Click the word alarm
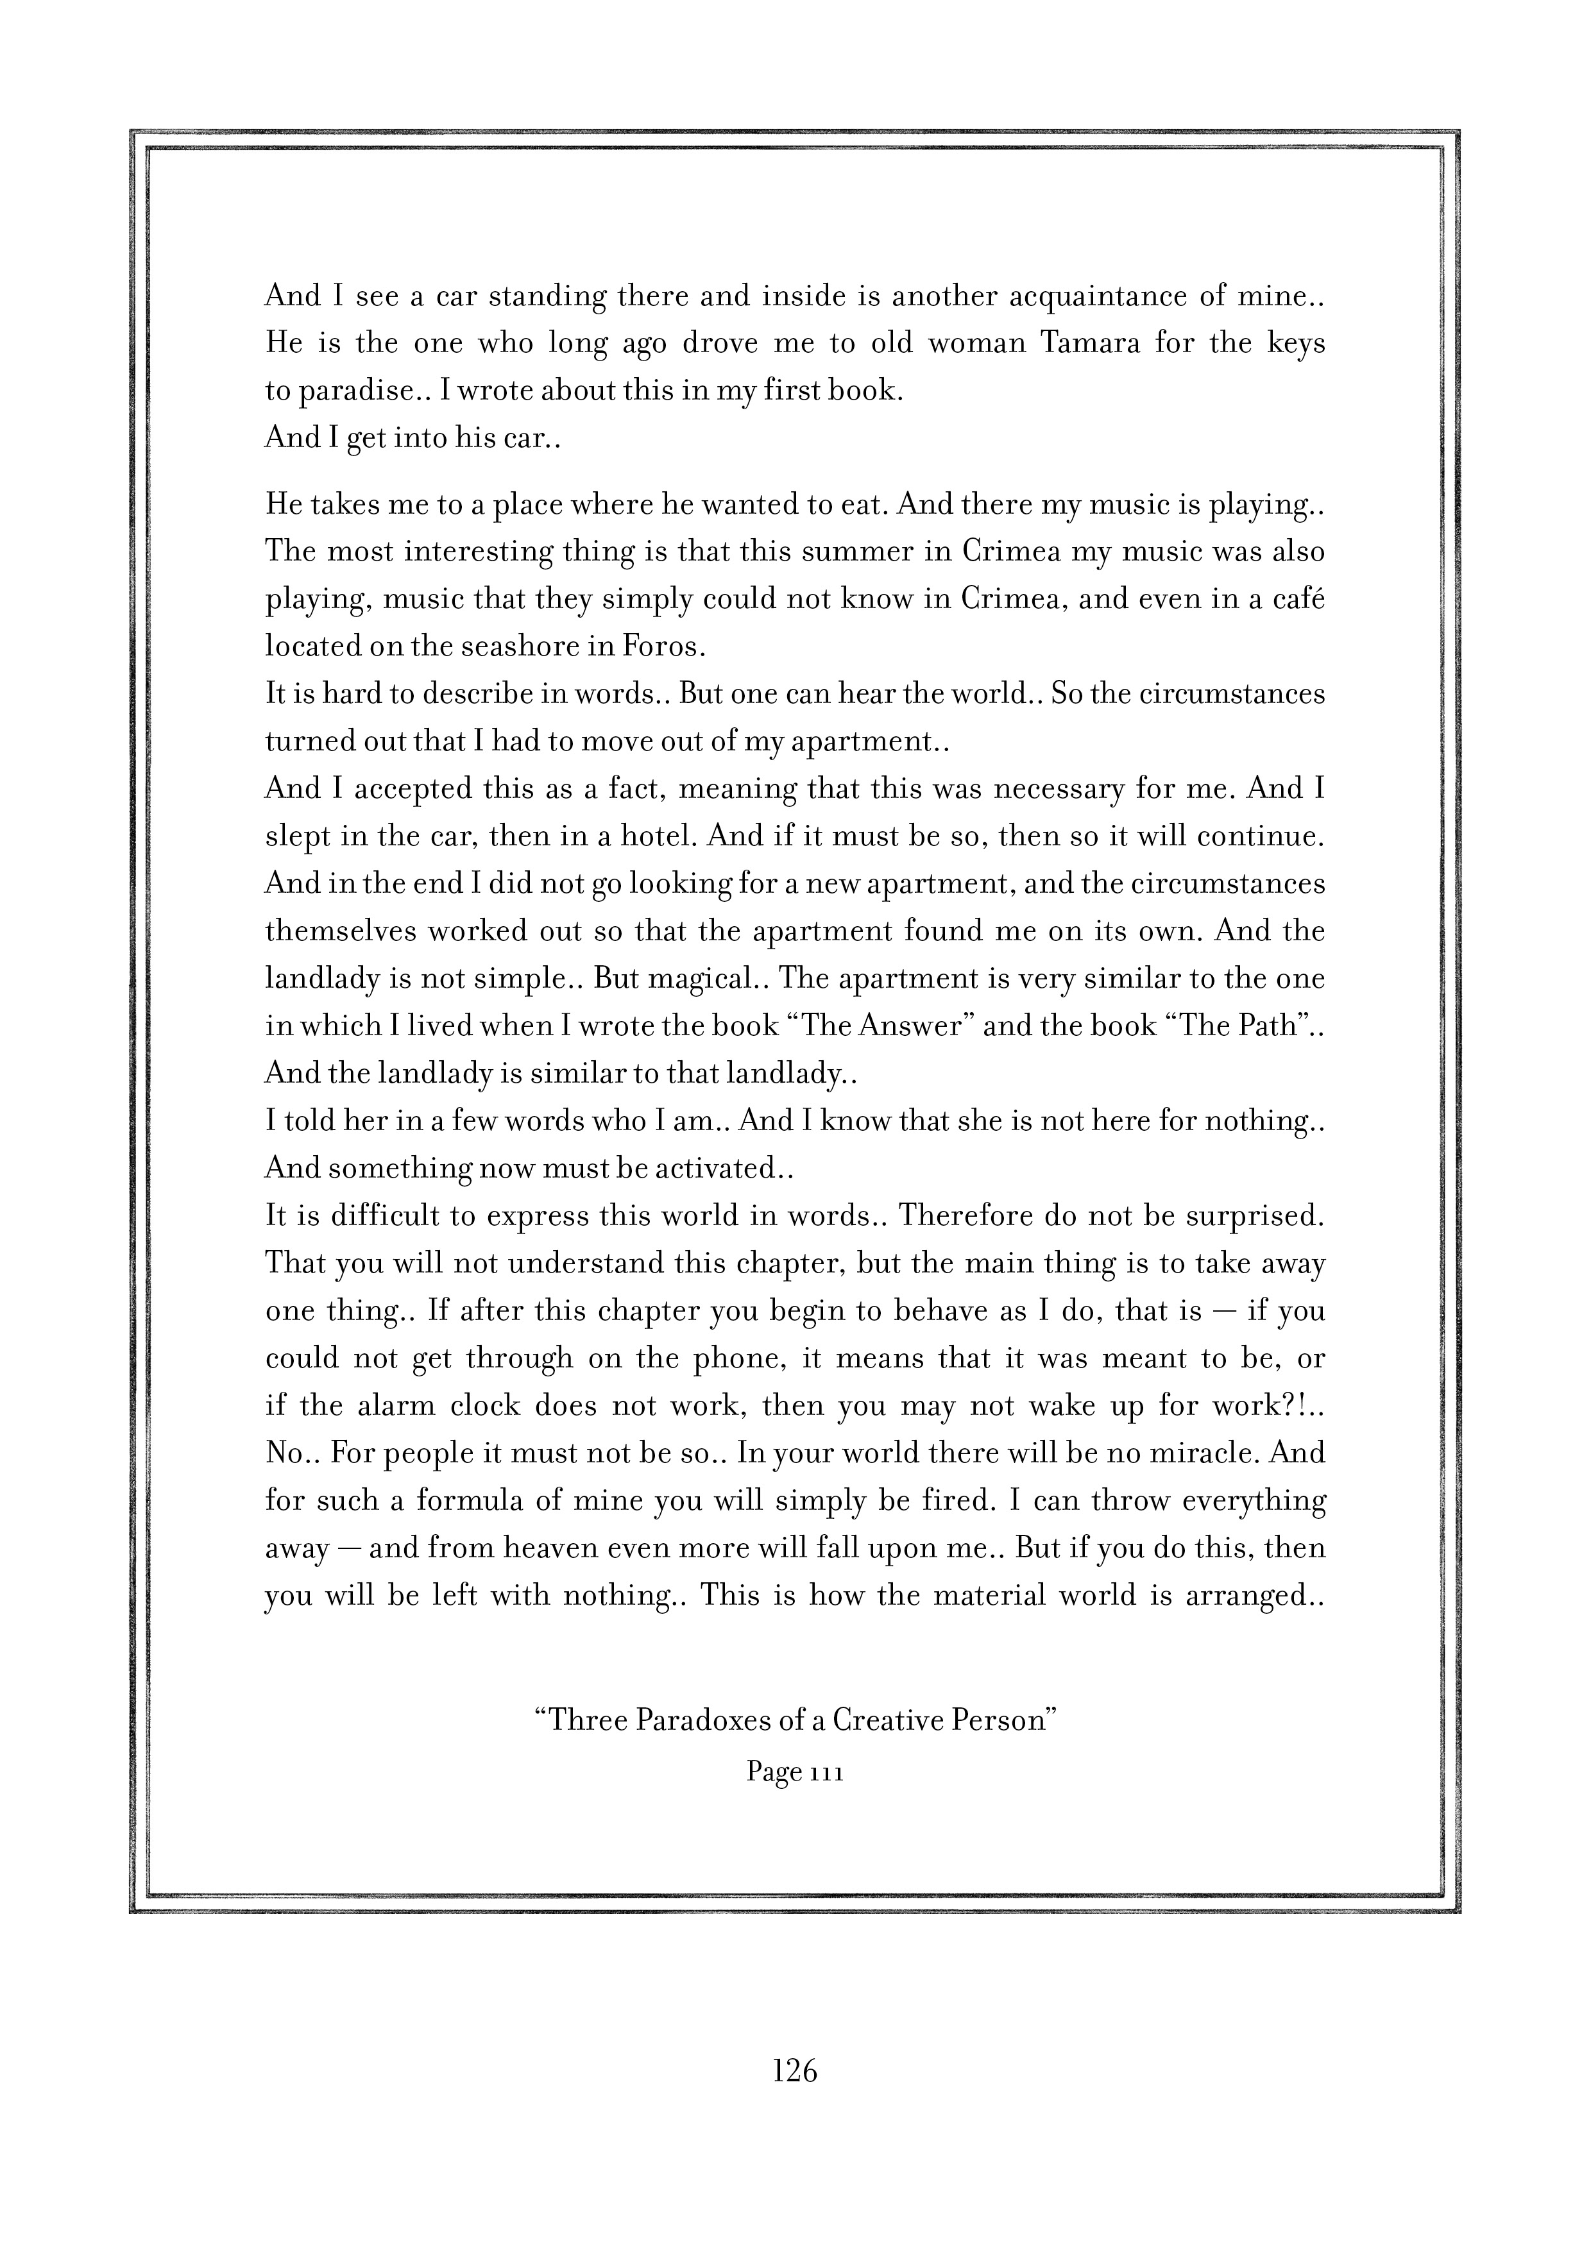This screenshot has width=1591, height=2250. tap(399, 1406)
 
